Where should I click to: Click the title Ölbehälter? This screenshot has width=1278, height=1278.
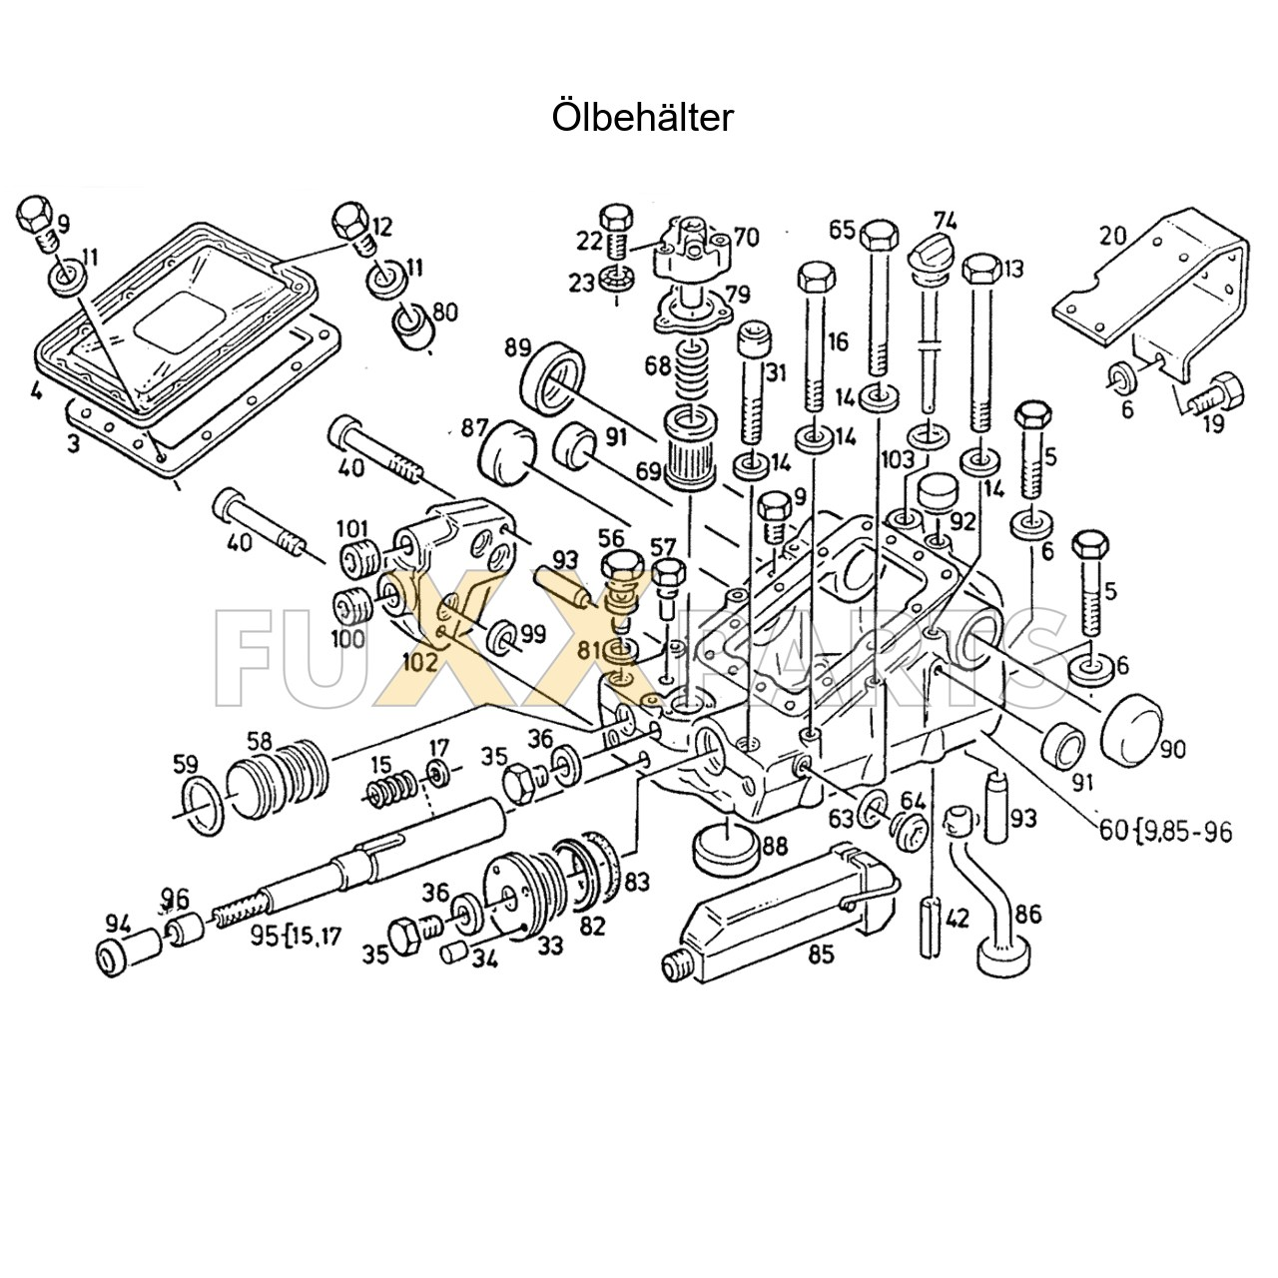tap(642, 118)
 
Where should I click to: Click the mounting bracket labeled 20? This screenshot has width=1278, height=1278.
tap(1158, 290)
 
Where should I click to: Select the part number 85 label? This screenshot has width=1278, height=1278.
tap(820, 954)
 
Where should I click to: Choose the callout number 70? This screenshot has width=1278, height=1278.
tap(746, 238)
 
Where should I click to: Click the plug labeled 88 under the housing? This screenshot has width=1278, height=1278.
tap(722, 848)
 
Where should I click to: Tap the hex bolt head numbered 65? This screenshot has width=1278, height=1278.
tap(877, 236)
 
